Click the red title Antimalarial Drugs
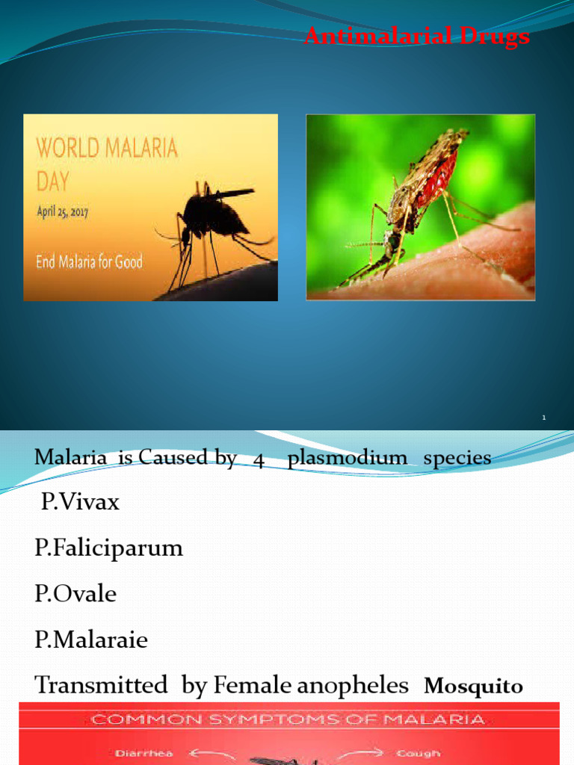tap(418, 36)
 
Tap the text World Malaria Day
tap(108, 161)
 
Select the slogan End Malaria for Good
tap(90, 261)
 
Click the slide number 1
tap(545, 418)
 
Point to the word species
tap(457, 458)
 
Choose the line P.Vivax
tap(80, 502)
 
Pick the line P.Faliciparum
tap(108, 548)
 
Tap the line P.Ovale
tap(75, 594)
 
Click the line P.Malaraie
tap(91, 640)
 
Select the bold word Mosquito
tap(473, 687)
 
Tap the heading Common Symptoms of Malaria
tap(288, 720)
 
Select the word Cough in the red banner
tap(419, 753)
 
